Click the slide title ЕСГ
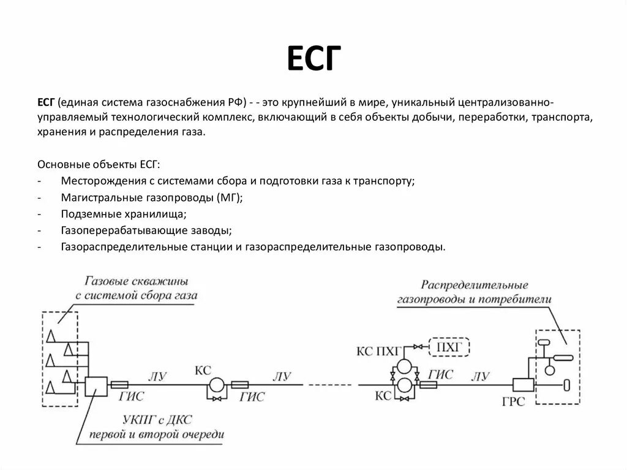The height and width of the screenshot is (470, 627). point(312,61)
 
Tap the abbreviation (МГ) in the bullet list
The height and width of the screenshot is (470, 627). point(229,199)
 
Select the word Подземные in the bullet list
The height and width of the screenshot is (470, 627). point(88,214)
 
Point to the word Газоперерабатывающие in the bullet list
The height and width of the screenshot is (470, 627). point(116,231)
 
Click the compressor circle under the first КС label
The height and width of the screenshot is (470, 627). point(217,385)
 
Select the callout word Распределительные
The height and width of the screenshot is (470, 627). point(475,286)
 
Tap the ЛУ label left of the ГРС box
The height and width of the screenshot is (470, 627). point(481,376)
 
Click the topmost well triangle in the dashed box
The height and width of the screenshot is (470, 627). point(51,334)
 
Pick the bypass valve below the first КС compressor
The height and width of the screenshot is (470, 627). point(216,399)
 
